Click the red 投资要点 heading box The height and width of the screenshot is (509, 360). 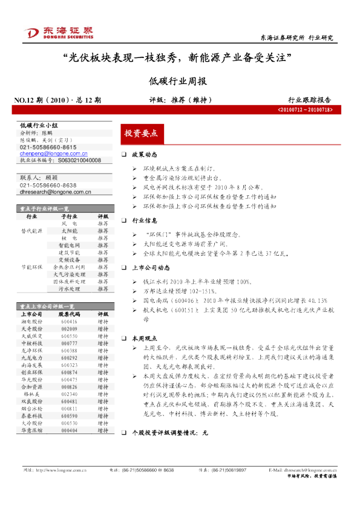click(x=140, y=133)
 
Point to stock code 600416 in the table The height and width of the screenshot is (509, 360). click(x=69, y=322)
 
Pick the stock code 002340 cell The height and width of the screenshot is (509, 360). click(x=69, y=393)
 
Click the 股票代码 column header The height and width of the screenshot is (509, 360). click(x=69, y=314)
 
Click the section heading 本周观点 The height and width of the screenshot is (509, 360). click(x=145, y=338)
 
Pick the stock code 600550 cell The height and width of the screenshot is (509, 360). click(x=69, y=336)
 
